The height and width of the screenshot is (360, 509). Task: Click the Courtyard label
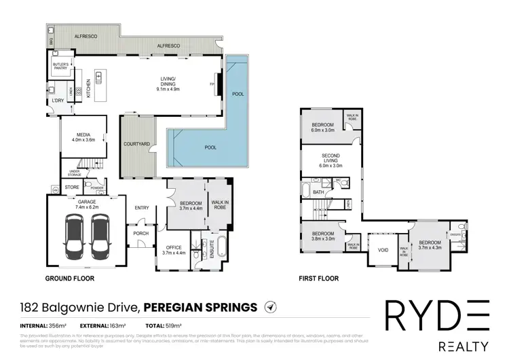pos(136,144)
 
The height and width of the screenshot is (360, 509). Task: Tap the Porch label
pos(140,234)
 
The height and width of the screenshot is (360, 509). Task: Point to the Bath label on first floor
pos(318,192)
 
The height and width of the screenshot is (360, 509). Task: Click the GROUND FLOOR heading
pos(69,279)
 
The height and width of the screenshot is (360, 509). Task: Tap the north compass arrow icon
pos(270,308)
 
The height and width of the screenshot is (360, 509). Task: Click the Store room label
pos(71,187)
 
